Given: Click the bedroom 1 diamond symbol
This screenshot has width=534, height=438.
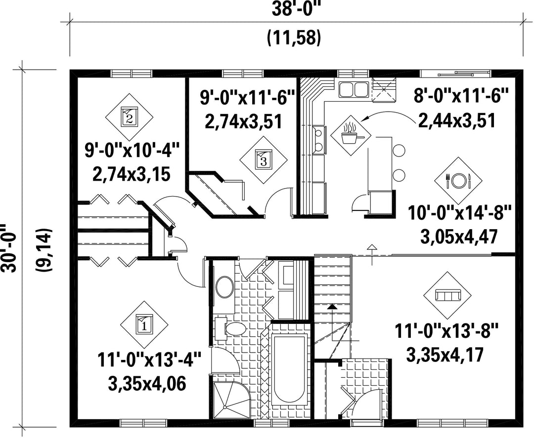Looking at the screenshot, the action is coord(144,324).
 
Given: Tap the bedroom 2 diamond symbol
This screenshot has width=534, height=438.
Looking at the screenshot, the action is coord(129,118).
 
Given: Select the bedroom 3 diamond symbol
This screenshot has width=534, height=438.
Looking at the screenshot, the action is coord(263,160).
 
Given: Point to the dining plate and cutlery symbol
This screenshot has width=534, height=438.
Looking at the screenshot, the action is coord(458,181).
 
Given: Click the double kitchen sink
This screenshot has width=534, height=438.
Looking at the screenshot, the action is coord(353,89).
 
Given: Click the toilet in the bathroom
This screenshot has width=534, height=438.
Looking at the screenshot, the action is coord(232,329).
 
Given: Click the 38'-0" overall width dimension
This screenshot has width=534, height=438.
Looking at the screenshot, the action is coord(297,10).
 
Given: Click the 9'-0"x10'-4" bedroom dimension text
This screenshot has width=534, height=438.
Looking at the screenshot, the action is coord(132,150).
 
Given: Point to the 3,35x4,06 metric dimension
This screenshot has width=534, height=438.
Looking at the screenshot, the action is coord(147,384).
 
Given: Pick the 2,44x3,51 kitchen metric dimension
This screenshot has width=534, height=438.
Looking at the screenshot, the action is coord(456,120).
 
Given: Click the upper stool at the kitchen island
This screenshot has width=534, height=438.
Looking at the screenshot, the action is coord(399,150).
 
